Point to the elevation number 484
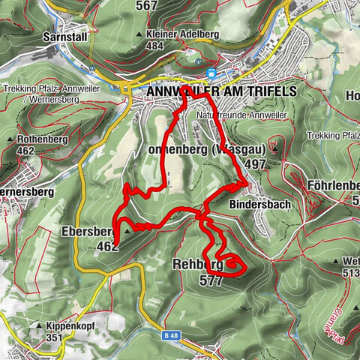pyautogui.click(x=155, y=46)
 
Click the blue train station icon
pyautogui.click(x=212, y=73)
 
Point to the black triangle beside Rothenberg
pyautogui.click(x=10, y=140)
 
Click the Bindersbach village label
pyautogui.click(x=259, y=204)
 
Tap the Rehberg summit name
pyautogui.click(x=197, y=265)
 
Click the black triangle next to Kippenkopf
pyautogui.click(x=39, y=327)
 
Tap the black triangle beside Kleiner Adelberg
pyautogui.click(x=140, y=35)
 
